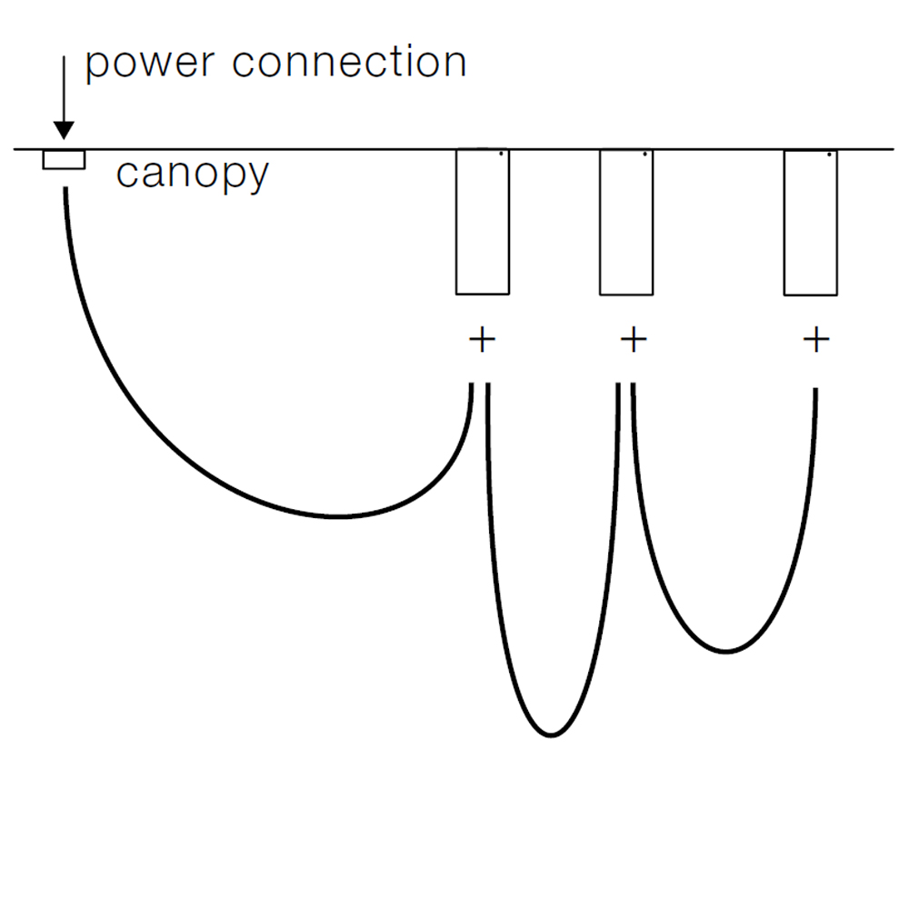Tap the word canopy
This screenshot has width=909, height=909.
(192, 174)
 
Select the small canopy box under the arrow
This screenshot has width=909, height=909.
(64, 160)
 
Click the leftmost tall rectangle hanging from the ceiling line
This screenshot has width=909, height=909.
(482, 223)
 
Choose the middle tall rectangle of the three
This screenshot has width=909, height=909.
(626, 223)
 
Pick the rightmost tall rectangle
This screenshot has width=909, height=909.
(811, 223)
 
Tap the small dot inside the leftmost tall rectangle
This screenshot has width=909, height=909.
(502, 155)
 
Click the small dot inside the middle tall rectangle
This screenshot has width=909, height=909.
(644, 155)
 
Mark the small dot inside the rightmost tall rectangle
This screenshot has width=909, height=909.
(830, 155)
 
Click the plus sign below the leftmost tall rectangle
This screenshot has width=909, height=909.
(482, 341)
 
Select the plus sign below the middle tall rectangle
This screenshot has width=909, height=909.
(634, 341)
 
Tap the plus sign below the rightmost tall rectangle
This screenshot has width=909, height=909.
(816, 341)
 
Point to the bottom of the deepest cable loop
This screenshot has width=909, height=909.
(550, 734)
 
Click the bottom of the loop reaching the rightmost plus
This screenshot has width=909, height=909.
(724, 651)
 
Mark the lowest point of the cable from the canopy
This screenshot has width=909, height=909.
(338, 516)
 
